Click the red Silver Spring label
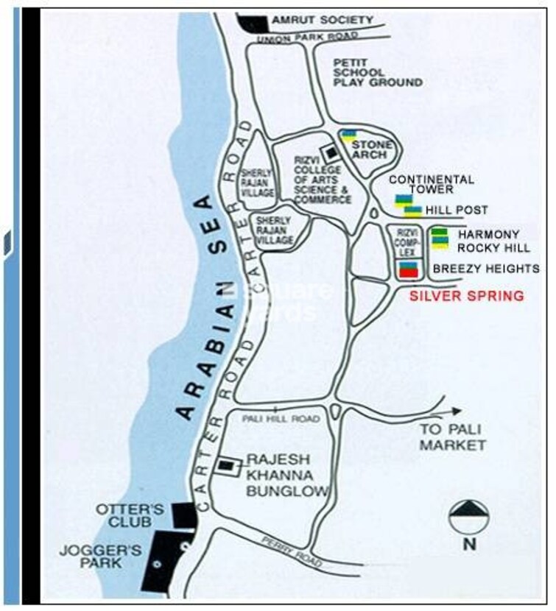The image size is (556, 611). tap(467, 296)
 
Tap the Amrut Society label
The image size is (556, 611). tap(322, 20)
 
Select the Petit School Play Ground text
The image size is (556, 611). tap(379, 73)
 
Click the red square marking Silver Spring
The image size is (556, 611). tap(407, 272)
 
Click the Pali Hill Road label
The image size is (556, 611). tap(281, 418)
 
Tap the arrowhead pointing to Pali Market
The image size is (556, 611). tap(457, 412)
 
